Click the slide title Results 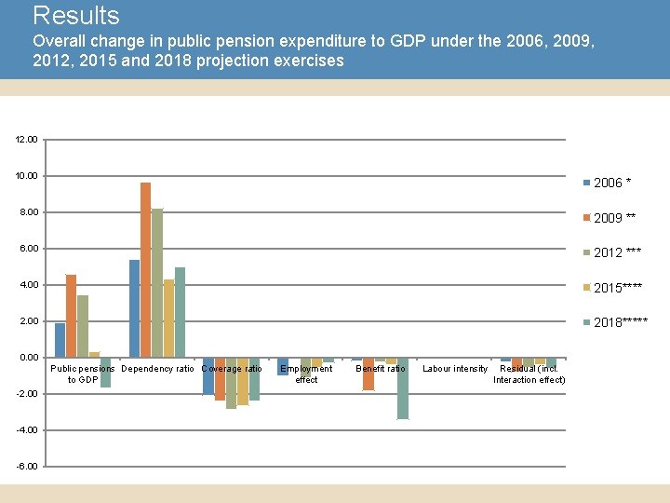(76, 16)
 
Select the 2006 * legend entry (614, 183)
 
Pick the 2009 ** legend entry (615, 218)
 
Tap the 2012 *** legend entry (617, 252)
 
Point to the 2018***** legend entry (620, 322)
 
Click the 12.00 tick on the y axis (26, 140)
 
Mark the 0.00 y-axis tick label (28, 358)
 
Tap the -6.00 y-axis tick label (26, 466)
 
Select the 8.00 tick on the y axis (28, 212)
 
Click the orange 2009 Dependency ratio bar (145, 270)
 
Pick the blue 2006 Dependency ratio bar (134, 308)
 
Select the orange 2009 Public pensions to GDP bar (71, 316)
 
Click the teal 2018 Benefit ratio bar (402, 388)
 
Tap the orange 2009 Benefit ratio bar (368, 374)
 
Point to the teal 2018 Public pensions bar (105, 372)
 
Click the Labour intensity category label (455, 370)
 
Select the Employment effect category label (306, 374)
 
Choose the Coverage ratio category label (232, 370)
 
